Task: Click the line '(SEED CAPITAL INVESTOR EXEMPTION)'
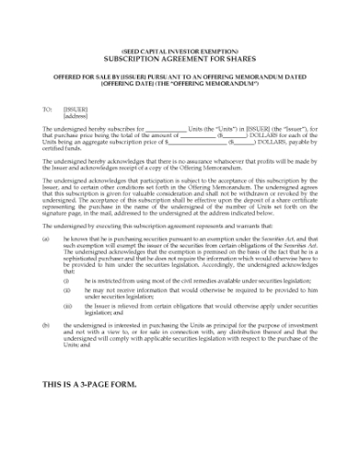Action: [x=179, y=50]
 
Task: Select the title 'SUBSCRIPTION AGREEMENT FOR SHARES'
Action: [x=179, y=58]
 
